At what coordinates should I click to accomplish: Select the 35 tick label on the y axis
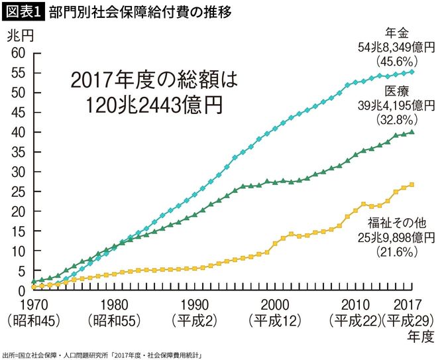click(x=18, y=152)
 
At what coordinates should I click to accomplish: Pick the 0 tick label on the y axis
click(x=21, y=291)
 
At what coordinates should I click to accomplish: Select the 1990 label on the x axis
click(x=196, y=307)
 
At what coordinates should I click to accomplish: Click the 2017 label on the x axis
click(x=412, y=307)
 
